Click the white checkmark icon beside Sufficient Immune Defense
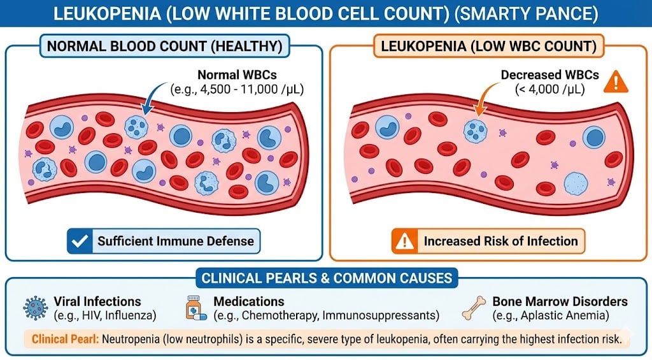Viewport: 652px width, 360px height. [x=80, y=241]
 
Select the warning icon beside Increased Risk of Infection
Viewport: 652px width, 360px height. [x=404, y=241]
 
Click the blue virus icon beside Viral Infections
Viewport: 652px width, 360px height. [x=36, y=308]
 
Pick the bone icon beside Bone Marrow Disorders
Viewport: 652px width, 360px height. [x=474, y=308]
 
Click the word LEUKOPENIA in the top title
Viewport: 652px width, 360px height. [x=107, y=14]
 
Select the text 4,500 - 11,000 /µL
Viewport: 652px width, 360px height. [x=252, y=89]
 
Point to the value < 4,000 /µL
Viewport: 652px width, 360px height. [x=549, y=89]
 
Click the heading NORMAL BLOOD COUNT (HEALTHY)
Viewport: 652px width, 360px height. [x=165, y=46]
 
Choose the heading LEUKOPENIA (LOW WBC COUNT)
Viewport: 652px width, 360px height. [x=488, y=46]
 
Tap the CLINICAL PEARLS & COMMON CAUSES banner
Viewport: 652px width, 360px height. [x=327, y=278]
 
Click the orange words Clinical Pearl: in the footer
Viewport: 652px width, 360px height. [x=66, y=339]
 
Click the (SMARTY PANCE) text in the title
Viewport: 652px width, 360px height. [x=527, y=14]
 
